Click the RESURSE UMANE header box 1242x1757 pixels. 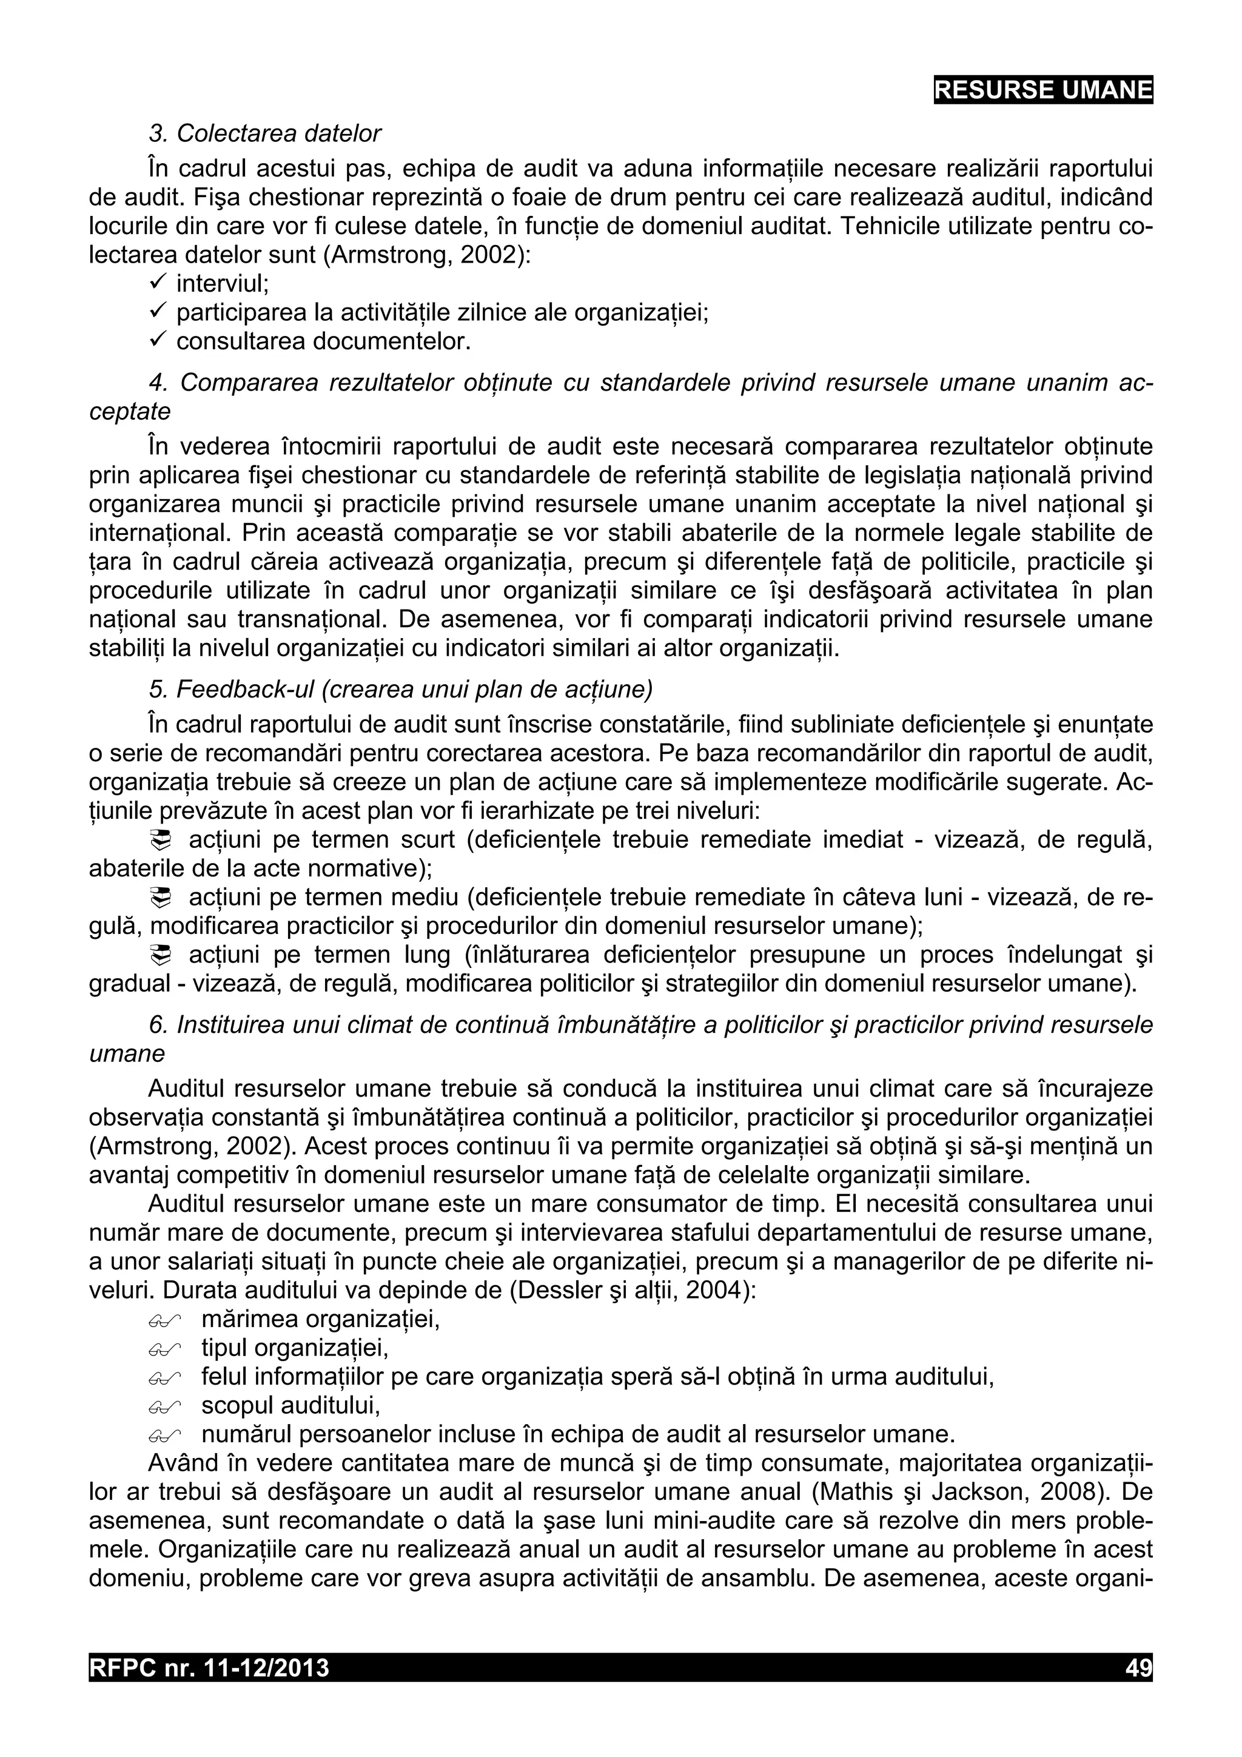[1042, 90]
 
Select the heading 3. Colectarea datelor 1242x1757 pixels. [265, 134]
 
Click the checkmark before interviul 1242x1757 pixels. [158, 283]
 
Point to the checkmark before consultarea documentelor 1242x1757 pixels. [158, 340]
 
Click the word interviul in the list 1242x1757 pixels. [222, 284]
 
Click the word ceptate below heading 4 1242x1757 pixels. [130, 412]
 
